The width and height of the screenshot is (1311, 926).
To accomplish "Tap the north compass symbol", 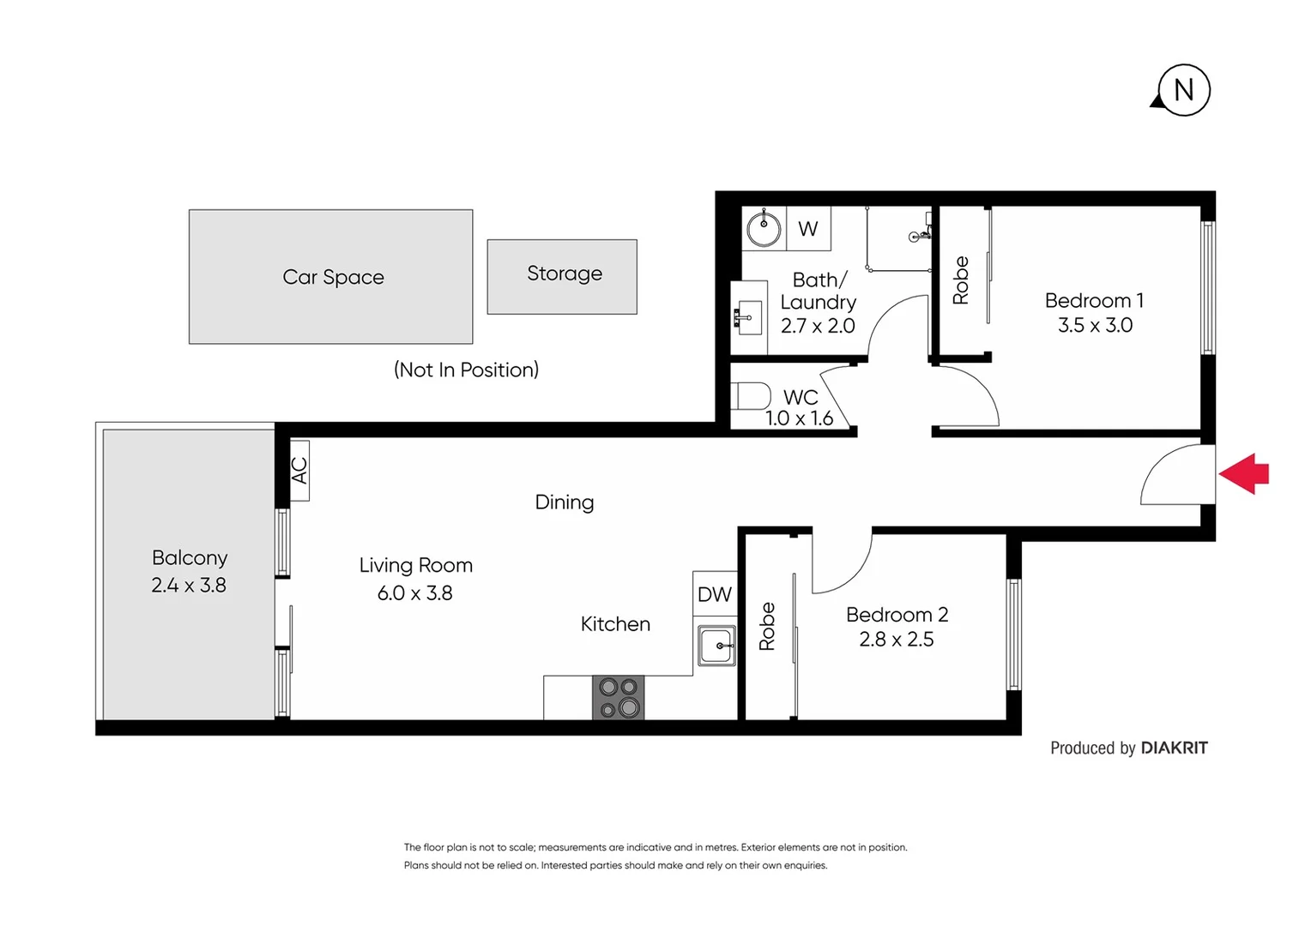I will (1183, 90).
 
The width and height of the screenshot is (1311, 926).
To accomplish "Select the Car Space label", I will (333, 277).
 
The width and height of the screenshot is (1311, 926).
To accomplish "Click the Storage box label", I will (564, 274).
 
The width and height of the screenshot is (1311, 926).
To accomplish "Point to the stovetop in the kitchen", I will (618, 697).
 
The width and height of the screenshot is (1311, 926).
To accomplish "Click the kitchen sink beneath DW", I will (716, 646).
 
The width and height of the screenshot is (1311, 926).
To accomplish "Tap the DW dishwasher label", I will (714, 594).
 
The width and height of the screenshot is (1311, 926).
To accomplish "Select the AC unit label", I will (299, 470).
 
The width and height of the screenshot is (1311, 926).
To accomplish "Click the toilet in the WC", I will (752, 396).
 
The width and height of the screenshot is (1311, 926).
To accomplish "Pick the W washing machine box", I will (808, 229).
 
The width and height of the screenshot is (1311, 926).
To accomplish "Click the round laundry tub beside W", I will (763, 229).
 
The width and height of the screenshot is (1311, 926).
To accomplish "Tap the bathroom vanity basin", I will (748, 318).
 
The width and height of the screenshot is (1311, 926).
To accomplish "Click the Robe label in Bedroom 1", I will (961, 280).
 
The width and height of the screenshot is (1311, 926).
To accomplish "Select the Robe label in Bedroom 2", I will (767, 626).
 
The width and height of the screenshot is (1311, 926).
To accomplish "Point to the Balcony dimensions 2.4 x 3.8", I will (189, 586).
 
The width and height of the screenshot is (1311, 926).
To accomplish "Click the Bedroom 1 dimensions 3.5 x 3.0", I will (1095, 326).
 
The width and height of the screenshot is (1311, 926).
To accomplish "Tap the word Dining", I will (564, 502).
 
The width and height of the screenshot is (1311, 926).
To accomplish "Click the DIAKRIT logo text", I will (1174, 748).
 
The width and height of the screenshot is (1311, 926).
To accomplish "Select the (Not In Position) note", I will (466, 370).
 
